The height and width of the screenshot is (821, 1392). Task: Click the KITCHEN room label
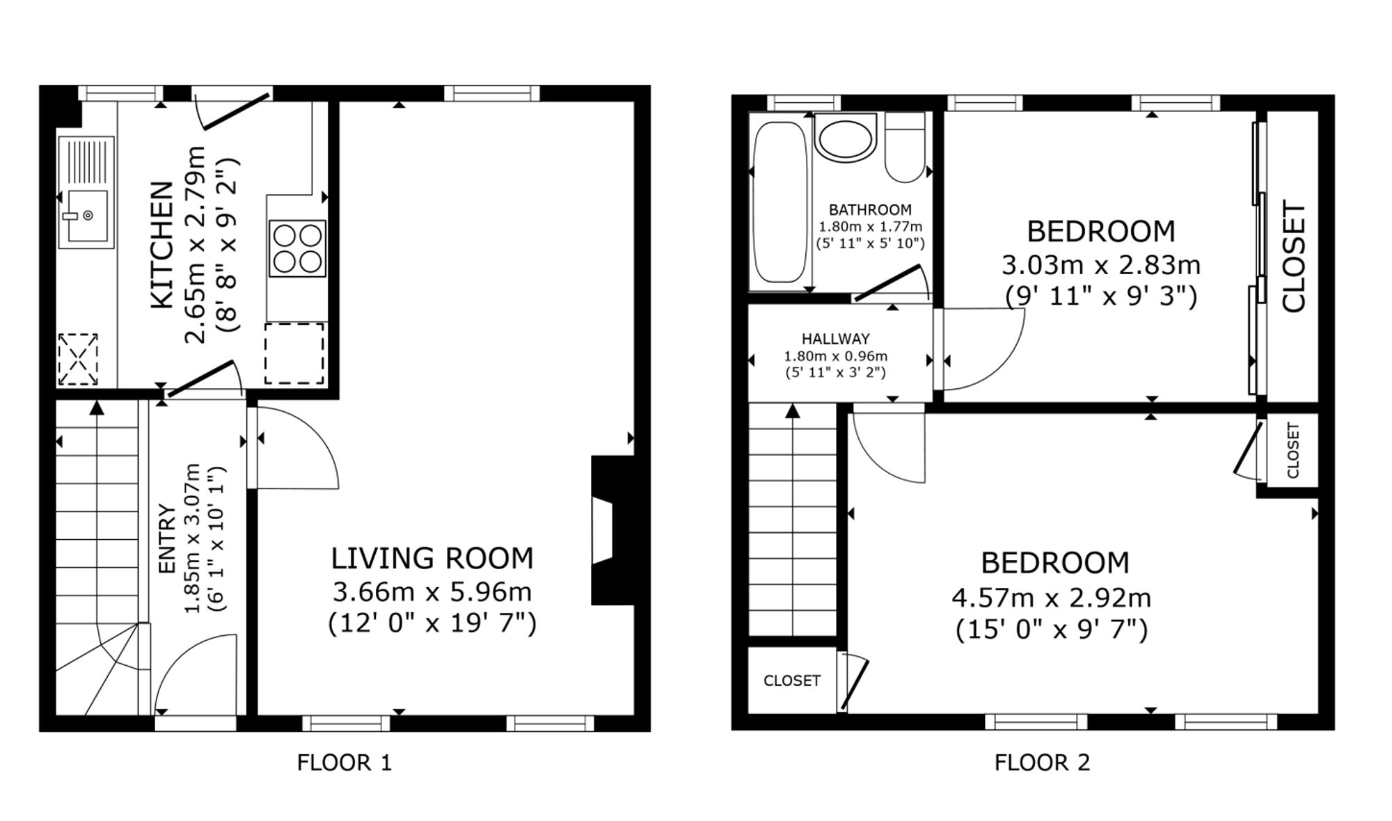point(161,245)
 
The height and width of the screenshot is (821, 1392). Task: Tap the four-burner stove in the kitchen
point(297,248)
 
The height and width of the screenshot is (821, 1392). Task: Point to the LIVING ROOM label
point(432,559)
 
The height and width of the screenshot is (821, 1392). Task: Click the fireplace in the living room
point(612,530)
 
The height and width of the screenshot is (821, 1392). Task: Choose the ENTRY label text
point(167,539)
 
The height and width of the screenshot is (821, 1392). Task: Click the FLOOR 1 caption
point(345,763)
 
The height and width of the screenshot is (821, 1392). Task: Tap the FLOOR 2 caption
point(1042,763)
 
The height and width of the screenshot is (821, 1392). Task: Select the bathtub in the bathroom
point(780,202)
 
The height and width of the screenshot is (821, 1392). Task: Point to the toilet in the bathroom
point(905,148)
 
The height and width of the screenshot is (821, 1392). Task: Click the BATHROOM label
point(870,209)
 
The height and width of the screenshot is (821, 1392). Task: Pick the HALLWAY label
point(836,339)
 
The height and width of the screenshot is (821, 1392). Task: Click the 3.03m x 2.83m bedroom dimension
point(1101,265)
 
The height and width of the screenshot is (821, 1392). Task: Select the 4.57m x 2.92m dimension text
point(1051,598)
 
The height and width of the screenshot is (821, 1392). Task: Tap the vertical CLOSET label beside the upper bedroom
point(1294,257)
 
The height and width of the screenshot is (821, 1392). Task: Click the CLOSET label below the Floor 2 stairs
point(792,680)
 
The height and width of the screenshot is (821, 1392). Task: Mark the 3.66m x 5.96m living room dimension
point(432,592)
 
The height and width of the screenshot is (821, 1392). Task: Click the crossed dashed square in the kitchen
point(78,359)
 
